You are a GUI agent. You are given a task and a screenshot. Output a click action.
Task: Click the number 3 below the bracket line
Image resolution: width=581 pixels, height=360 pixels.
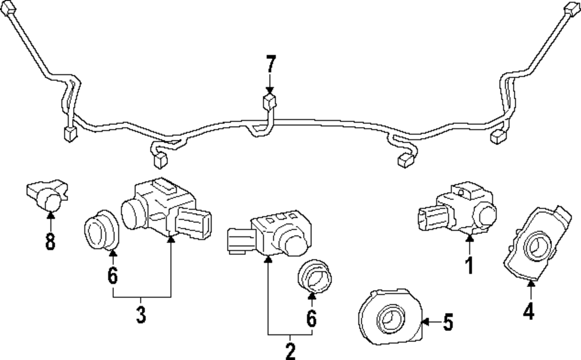coord(141,315)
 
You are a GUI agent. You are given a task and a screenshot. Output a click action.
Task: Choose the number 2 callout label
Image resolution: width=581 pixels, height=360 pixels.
coord(290,350)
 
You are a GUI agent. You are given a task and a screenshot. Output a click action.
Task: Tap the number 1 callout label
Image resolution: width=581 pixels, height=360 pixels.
coord(469,265)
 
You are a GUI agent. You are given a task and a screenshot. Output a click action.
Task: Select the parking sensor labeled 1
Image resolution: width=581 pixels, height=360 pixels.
coord(459,211)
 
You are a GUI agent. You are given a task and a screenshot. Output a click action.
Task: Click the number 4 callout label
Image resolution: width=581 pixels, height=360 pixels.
coord(528,312)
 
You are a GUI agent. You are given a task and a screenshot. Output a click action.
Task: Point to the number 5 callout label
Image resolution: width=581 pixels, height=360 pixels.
coord(447,322)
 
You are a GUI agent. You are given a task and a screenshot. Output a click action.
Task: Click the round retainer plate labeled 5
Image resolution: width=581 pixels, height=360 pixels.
coord(388,318)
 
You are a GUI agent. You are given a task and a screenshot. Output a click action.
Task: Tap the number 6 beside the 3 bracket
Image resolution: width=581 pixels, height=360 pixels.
coord(113,275)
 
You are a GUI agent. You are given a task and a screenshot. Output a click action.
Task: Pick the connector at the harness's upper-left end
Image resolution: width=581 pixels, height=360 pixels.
coord(9,12)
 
